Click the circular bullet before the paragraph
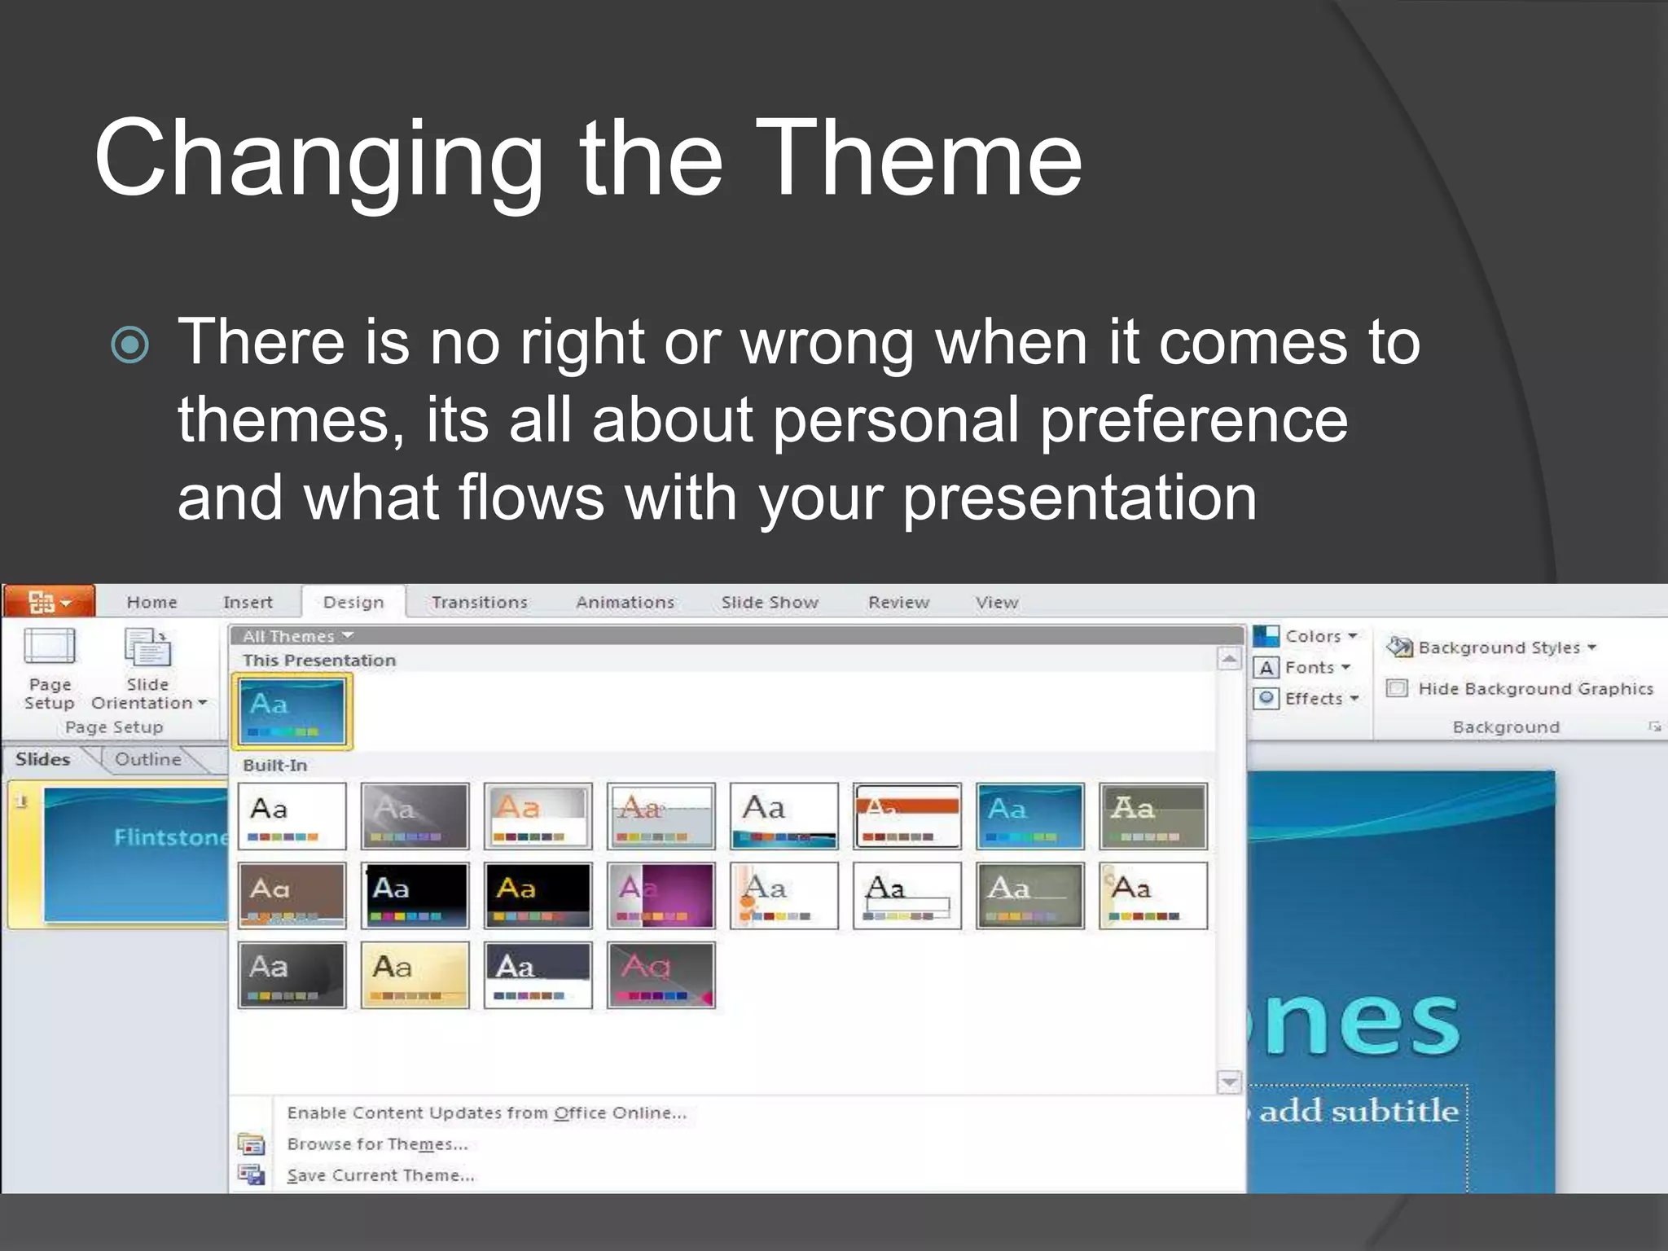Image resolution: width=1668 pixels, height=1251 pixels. (x=130, y=345)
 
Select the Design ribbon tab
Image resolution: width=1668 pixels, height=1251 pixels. (x=353, y=603)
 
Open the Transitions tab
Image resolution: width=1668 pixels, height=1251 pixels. (x=480, y=603)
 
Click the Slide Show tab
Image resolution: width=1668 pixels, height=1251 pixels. (x=770, y=603)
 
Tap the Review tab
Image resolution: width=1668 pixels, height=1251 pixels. (x=898, y=603)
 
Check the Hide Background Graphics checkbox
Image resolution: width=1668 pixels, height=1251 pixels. (x=1397, y=689)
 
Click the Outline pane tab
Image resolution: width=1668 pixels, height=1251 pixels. (x=147, y=760)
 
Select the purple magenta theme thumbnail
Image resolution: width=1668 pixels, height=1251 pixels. (x=661, y=896)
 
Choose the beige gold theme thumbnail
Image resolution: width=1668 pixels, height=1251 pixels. (x=415, y=975)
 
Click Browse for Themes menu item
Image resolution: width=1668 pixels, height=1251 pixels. (x=377, y=1144)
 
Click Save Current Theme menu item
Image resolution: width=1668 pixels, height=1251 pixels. (x=380, y=1175)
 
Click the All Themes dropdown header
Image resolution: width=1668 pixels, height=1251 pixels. (x=297, y=636)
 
